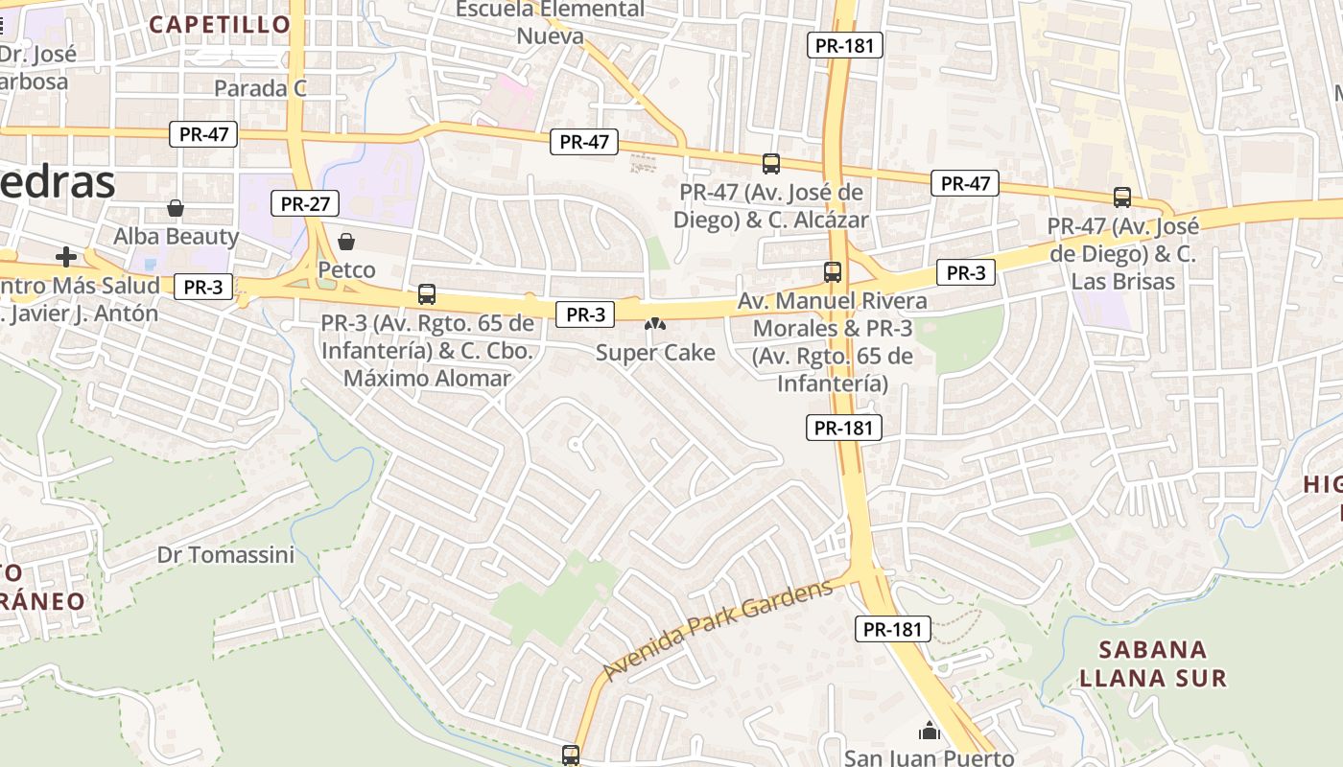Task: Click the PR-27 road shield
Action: click(x=306, y=203)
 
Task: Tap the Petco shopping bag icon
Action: click(x=346, y=241)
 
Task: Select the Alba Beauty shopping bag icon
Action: click(x=176, y=208)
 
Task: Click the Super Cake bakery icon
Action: click(x=655, y=325)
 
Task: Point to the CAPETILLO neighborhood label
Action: click(x=220, y=24)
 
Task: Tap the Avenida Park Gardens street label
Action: click(x=718, y=630)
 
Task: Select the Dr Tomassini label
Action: click(x=225, y=554)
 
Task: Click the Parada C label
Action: click(x=260, y=88)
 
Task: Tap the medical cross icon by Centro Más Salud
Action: click(x=66, y=256)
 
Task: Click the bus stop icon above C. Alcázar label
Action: click(x=771, y=163)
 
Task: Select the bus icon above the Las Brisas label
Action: click(x=1122, y=198)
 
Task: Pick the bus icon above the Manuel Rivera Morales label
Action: click(x=833, y=272)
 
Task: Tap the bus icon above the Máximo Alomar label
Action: click(x=427, y=294)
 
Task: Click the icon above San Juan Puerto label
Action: click(x=929, y=732)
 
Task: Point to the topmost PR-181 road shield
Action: click(x=844, y=45)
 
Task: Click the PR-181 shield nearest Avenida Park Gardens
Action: click(x=892, y=629)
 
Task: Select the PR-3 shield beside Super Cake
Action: click(x=585, y=314)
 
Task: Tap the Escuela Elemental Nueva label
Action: click(x=550, y=23)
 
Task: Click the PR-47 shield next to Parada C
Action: click(x=204, y=134)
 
